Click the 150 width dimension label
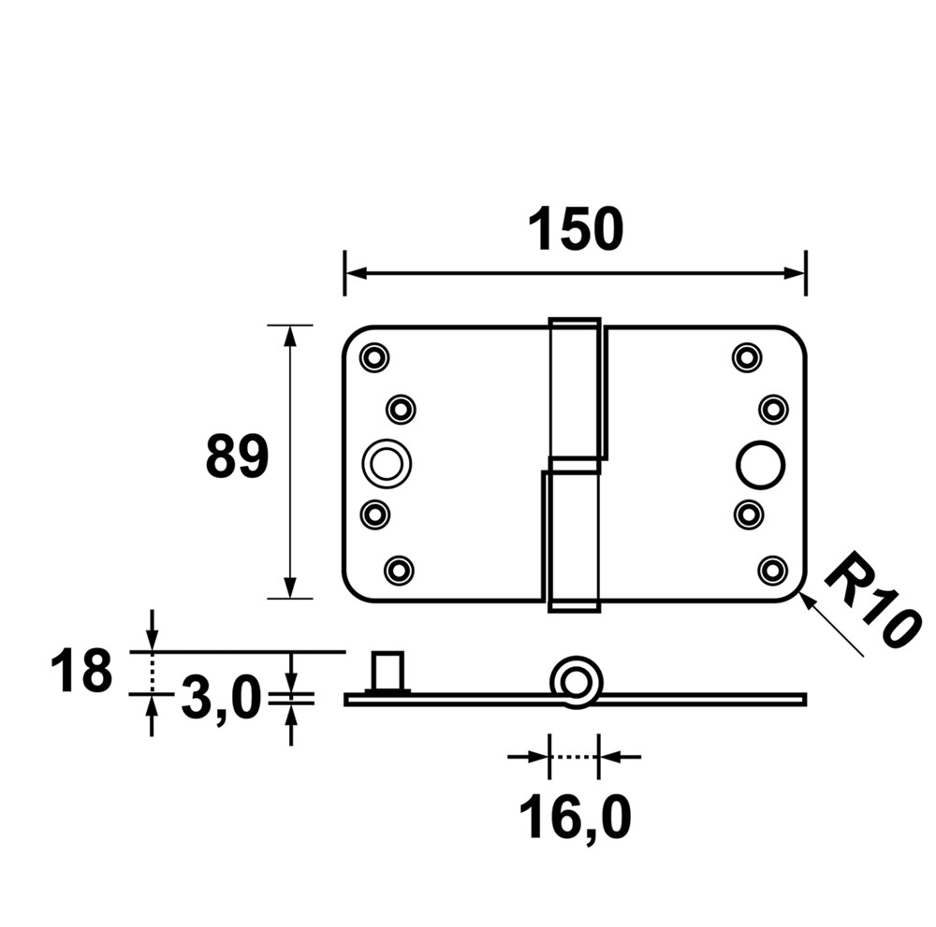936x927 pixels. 575,230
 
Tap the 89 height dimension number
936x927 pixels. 237,457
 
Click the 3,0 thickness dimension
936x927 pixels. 220,700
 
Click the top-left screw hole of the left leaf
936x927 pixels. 374,356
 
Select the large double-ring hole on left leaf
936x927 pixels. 385,462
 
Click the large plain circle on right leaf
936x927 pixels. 759,463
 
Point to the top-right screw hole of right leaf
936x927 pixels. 745,356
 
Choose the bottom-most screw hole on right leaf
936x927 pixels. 772,568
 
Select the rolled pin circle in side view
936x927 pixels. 573,680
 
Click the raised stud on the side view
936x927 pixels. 387,672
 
